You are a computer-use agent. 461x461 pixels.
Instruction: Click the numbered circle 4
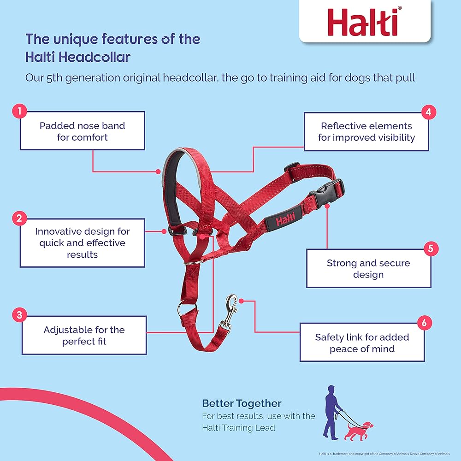pyautogui.click(x=429, y=112)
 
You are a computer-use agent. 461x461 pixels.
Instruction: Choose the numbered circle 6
pyautogui.click(x=424, y=323)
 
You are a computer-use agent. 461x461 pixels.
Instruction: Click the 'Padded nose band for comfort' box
pyautogui.click(x=82, y=131)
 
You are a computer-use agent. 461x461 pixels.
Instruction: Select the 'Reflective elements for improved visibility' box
pyautogui.click(x=366, y=131)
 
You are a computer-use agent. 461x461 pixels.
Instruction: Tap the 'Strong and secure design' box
pyautogui.click(x=368, y=269)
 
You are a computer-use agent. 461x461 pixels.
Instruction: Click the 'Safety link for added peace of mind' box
pyautogui.click(x=362, y=343)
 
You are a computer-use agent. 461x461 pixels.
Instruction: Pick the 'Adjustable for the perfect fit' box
pyautogui.click(x=84, y=335)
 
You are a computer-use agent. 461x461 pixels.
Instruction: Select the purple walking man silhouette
pyautogui.click(x=334, y=411)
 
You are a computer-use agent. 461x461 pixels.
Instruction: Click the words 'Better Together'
pyautogui.click(x=242, y=403)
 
